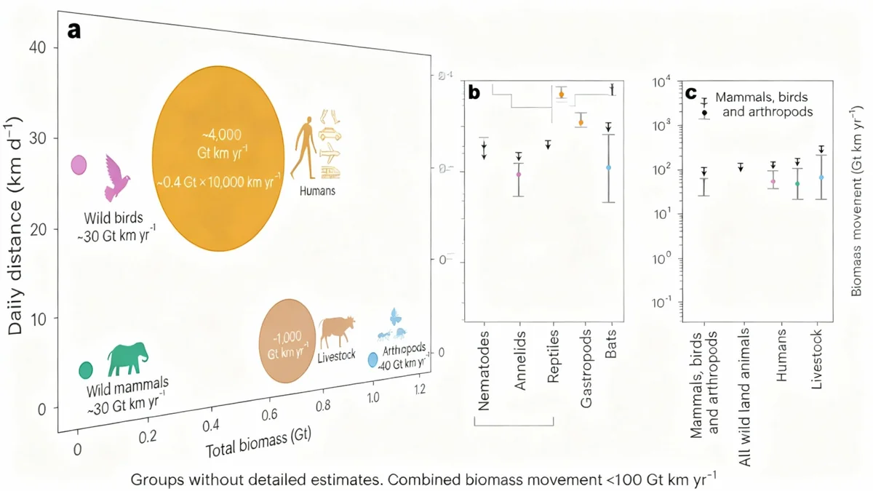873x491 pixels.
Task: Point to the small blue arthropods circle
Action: pos(372,359)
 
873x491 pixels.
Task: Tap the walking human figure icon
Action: pos(303,148)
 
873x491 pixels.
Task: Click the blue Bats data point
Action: pos(609,167)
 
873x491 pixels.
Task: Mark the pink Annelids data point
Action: pos(519,175)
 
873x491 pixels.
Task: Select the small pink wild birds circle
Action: pos(79,166)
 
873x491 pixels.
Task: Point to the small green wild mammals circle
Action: pos(85,370)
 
